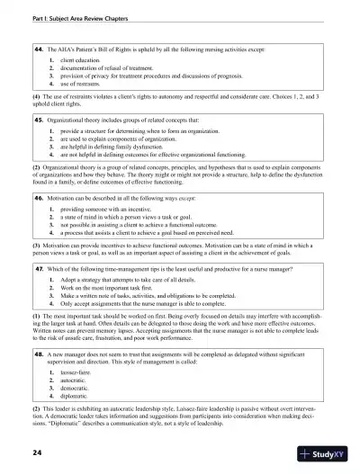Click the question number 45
40,119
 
